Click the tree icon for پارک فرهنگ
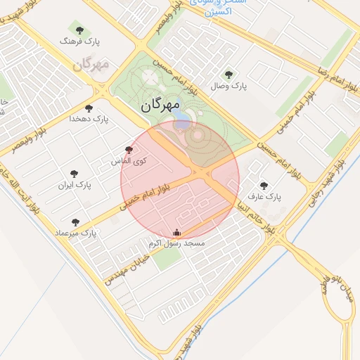pos(79,30)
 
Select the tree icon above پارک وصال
pos(228,75)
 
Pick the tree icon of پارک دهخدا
pos(89,108)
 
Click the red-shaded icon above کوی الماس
pos(128,150)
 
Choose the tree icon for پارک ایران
pos(75,174)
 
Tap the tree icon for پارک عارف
pos(264,186)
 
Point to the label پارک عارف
pos(264,198)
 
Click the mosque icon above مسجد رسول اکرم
pos(176,233)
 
